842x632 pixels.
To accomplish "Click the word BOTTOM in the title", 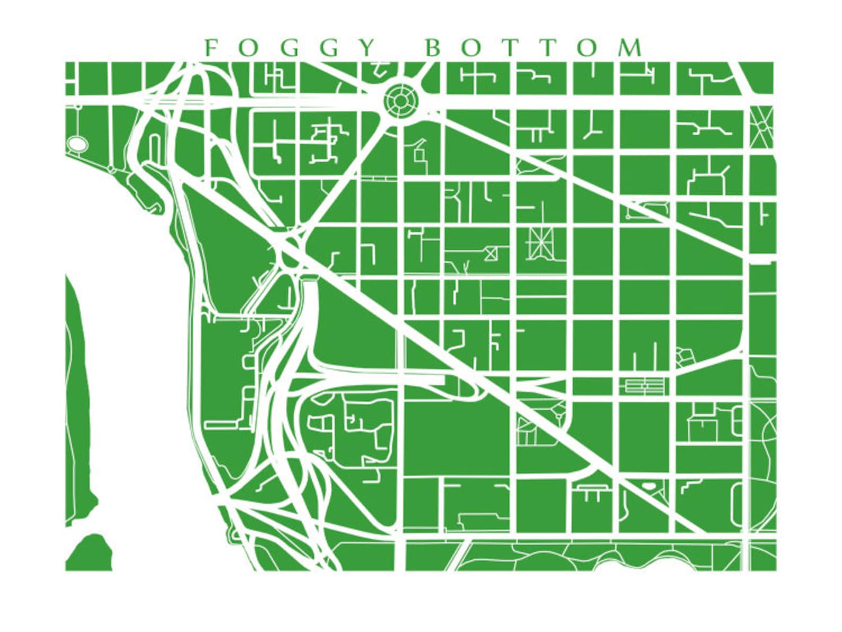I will pyautogui.click(x=533, y=48).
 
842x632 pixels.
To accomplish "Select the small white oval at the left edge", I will pyautogui.click(x=76, y=143).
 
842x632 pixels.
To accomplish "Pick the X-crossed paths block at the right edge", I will pyautogui.click(x=762, y=126).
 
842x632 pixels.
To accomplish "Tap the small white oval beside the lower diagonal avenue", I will pyautogui.click(x=648, y=485).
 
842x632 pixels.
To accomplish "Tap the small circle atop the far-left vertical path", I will pyautogui.click(x=78, y=107).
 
